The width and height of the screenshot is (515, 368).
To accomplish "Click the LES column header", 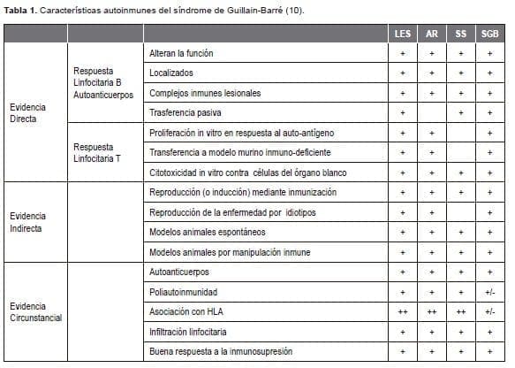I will tap(402, 34).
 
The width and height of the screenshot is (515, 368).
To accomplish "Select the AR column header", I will tap(431, 34).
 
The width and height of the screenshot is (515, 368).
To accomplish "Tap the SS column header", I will tap(460, 34).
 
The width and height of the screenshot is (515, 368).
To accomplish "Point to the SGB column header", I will tap(489, 34).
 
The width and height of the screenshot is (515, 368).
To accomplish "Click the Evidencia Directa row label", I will tap(28, 112).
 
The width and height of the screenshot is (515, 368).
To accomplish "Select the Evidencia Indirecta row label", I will tap(29, 221).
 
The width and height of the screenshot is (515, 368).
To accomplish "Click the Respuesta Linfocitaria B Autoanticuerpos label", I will tap(105, 81).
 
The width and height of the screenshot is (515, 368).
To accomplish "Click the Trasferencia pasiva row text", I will tap(186, 112).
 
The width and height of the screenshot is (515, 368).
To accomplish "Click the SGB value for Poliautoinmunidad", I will tap(489, 291).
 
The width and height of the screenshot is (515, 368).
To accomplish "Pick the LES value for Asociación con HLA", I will tap(402, 311).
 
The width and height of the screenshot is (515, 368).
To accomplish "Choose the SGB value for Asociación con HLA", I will tap(489, 311).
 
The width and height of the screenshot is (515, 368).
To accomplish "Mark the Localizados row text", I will tap(171, 73).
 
